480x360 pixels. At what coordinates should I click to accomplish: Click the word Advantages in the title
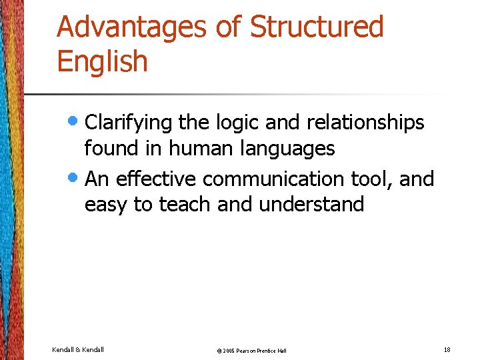[x=132, y=27]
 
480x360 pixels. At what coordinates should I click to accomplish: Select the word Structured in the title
[x=317, y=27]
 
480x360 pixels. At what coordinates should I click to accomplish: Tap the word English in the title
[x=102, y=61]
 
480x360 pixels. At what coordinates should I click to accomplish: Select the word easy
[x=107, y=205]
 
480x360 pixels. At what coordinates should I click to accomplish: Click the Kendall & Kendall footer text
[x=78, y=349]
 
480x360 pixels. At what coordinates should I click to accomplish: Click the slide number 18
[x=446, y=349]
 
